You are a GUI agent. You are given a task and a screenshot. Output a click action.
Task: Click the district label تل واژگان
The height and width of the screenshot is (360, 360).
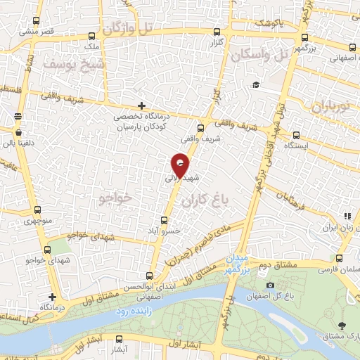point(136,29)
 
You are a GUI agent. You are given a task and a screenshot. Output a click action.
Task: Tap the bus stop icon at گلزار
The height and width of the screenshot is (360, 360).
point(215,32)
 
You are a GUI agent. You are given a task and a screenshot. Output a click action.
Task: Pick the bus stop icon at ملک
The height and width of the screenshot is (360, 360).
point(92,37)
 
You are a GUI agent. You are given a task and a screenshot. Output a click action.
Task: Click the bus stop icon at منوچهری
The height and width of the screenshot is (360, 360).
point(39,210)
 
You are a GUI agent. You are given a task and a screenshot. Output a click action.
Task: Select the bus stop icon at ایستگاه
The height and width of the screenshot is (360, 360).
point(296,135)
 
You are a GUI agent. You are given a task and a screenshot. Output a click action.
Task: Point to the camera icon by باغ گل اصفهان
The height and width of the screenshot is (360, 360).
point(270,285)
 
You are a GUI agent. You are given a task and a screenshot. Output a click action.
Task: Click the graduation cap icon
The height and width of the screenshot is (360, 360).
point(256,85)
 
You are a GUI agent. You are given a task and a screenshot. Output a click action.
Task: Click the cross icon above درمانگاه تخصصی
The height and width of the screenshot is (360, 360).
point(141,105)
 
